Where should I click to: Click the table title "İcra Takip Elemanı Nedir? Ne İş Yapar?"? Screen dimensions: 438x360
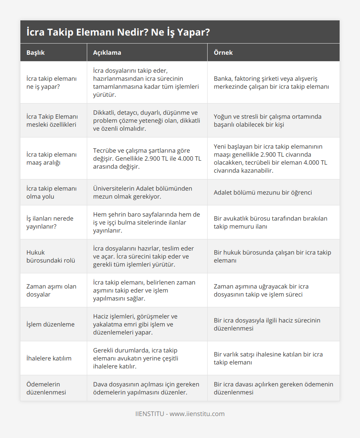[x=118, y=32]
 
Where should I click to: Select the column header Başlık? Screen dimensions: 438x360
[x=36, y=52]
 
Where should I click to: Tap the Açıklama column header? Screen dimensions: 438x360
[x=107, y=52]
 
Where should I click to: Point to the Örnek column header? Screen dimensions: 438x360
[x=223, y=52]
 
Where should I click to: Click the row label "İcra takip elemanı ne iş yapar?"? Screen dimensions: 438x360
[x=51, y=82]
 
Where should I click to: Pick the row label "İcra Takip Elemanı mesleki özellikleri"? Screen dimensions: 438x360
[x=52, y=120]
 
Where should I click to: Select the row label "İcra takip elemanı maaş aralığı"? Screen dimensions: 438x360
[x=51, y=158]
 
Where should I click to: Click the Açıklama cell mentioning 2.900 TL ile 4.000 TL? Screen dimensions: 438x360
[x=147, y=158]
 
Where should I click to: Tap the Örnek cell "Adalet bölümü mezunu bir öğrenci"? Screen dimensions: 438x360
[x=263, y=192]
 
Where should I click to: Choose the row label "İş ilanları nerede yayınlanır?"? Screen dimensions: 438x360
[x=50, y=222]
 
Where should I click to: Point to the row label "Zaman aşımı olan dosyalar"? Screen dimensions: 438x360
[x=51, y=290]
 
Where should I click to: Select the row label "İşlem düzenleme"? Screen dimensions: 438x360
[x=50, y=324]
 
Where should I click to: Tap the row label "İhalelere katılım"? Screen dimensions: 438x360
[x=49, y=358]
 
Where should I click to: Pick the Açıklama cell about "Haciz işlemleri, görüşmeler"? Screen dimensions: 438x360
[x=135, y=324]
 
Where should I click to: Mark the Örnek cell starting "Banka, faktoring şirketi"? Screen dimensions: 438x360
[x=271, y=82]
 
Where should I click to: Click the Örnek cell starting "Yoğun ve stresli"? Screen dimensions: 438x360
[x=268, y=120]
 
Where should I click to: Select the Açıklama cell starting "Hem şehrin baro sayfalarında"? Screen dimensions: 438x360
[x=146, y=222]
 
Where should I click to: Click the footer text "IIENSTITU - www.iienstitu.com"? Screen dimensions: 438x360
[x=180, y=414]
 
